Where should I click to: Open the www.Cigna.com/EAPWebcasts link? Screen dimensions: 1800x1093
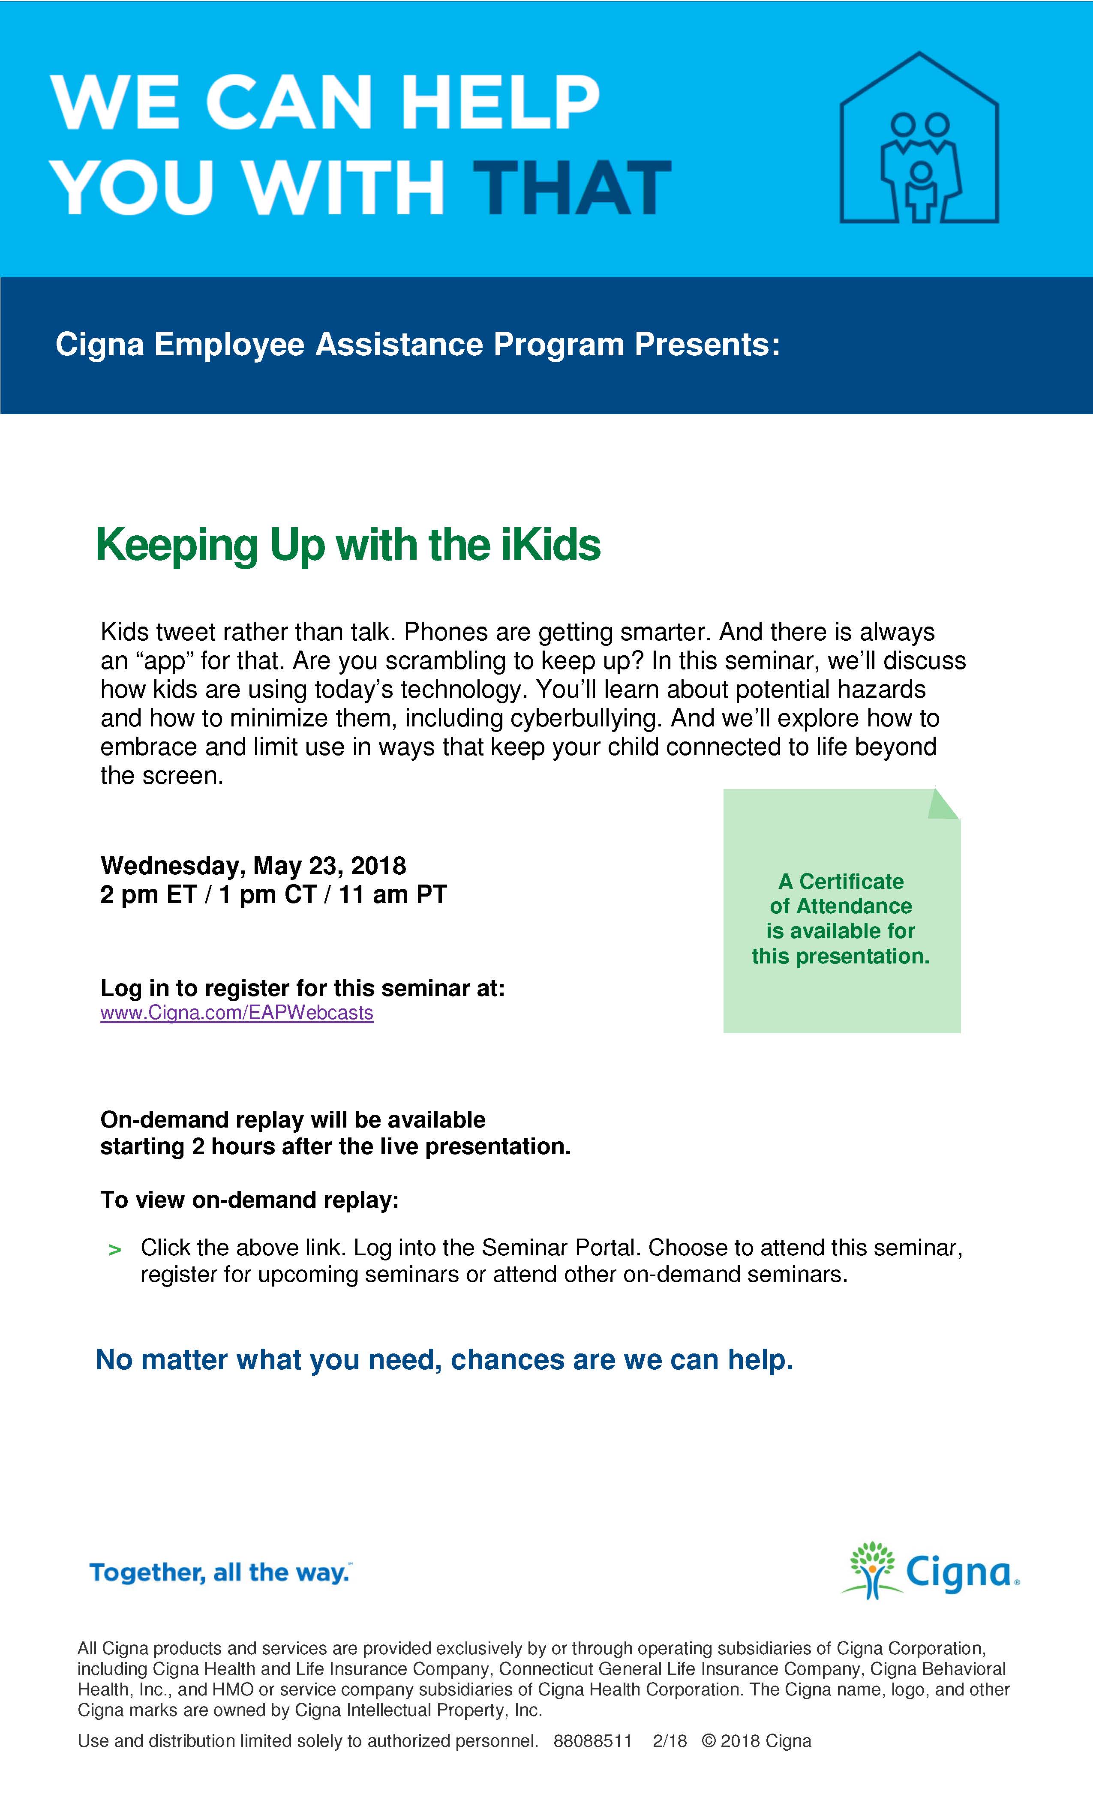click(237, 1013)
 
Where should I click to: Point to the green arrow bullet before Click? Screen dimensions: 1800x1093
click(115, 1250)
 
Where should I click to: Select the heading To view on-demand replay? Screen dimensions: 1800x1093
click(249, 1200)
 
